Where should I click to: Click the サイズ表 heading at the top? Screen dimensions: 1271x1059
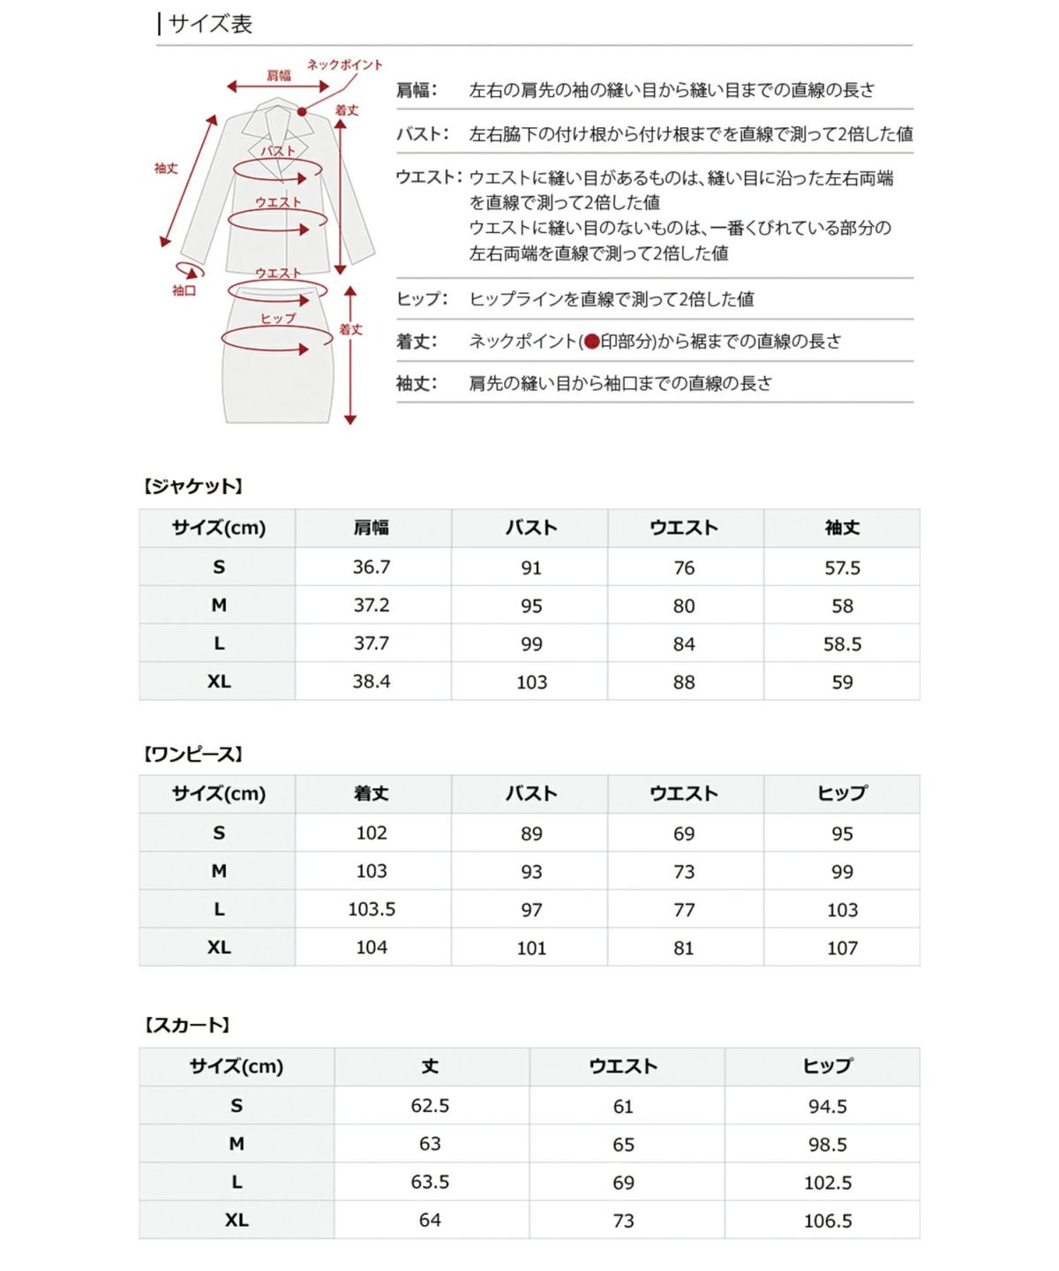coord(210,24)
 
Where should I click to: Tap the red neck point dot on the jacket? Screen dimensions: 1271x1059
coord(302,111)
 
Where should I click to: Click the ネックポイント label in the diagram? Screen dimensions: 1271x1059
coord(344,64)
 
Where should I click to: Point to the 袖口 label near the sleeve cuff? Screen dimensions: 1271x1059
coord(184,290)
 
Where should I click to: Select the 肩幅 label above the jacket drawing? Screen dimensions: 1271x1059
coord(278,75)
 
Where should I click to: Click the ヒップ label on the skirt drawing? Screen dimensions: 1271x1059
coord(278,318)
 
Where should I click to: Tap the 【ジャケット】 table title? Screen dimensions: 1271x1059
coord(192,486)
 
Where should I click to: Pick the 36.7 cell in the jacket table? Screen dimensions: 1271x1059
coord(372,567)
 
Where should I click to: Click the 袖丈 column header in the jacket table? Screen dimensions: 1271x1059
coord(842,528)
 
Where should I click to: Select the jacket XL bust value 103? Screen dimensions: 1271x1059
coord(531,681)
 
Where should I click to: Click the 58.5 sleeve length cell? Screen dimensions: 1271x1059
coord(842,643)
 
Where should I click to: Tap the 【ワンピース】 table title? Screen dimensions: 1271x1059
coord(192,755)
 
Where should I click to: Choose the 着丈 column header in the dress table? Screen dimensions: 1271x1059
coord(372,793)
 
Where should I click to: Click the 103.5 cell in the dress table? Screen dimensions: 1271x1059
coord(372,909)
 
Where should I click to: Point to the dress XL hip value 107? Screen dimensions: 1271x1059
coord(842,948)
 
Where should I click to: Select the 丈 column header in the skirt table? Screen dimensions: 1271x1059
coord(430,1066)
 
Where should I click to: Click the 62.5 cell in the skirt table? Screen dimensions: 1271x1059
coord(430,1105)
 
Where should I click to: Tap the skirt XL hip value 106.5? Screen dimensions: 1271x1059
coord(828,1220)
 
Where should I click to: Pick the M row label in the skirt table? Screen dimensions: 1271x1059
coord(237,1144)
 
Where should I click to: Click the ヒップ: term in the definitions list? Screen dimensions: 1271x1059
coord(422,299)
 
